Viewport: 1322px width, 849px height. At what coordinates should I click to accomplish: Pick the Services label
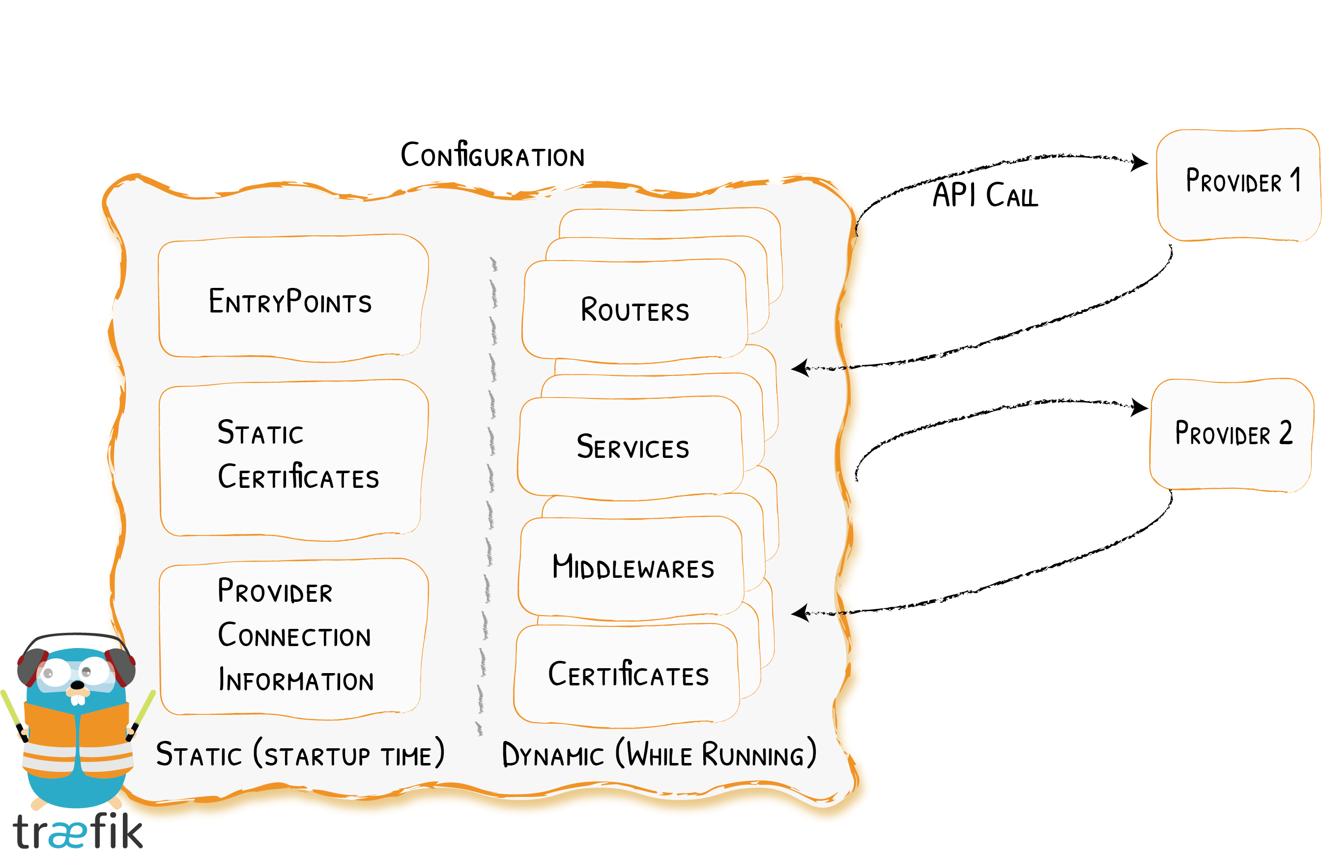tap(633, 446)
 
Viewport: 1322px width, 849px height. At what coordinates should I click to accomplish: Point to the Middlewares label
tap(633, 566)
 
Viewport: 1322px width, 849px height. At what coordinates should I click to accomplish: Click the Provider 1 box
tap(1238, 185)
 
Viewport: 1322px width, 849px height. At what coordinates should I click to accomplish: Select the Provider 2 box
tap(1232, 435)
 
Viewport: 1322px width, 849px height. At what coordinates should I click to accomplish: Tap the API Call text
tap(985, 195)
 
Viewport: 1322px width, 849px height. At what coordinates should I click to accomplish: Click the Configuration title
tap(492, 154)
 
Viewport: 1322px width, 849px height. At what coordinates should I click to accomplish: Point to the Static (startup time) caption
tap(300, 753)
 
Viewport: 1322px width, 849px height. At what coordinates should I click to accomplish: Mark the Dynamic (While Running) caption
tap(659, 753)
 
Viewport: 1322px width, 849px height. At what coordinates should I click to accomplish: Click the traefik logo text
tap(77, 830)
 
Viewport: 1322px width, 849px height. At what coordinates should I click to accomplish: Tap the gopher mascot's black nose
tap(78, 685)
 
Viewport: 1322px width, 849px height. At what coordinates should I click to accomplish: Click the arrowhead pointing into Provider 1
tap(1139, 162)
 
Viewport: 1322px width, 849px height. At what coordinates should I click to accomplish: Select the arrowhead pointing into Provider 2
tap(1139, 407)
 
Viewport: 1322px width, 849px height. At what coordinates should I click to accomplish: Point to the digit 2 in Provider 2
tap(1286, 432)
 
